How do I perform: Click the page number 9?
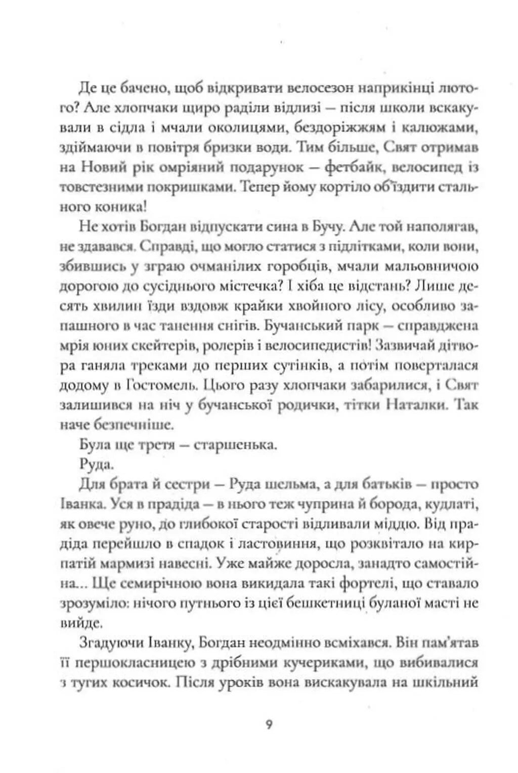(269, 724)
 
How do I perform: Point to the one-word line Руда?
(95, 464)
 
